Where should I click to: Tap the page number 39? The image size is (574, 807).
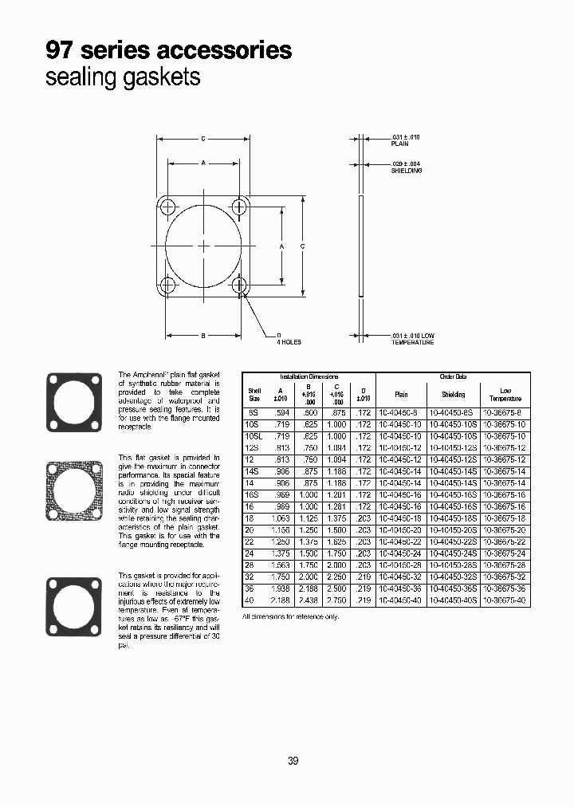[x=293, y=761]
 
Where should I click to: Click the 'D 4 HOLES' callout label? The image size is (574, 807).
[x=289, y=338]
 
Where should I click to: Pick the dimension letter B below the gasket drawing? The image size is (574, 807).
[x=203, y=336]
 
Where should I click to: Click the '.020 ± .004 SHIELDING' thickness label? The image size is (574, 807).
[x=406, y=168]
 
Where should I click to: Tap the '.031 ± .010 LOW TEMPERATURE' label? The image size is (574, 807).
[x=412, y=338]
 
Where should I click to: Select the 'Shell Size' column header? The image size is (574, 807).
[x=255, y=394]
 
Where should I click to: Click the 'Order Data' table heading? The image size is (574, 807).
[x=452, y=376]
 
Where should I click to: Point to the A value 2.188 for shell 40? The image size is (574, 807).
[x=279, y=600]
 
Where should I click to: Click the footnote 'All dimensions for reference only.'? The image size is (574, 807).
[x=290, y=617]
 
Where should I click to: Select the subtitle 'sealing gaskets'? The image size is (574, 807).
[x=123, y=78]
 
